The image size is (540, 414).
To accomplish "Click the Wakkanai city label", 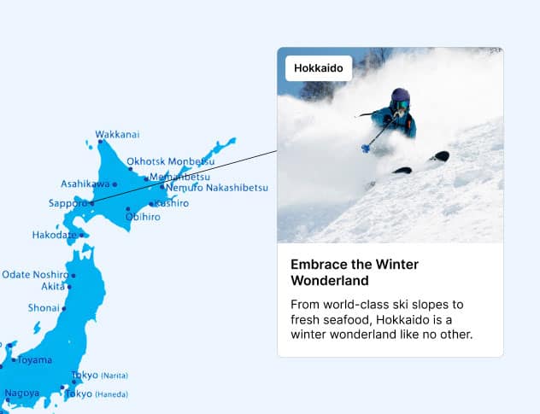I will (x=117, y=134).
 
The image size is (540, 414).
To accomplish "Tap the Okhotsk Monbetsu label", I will (x=170, y=160).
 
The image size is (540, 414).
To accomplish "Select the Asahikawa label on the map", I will (x=85, y=184).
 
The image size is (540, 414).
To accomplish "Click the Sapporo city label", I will (x=67, y=204).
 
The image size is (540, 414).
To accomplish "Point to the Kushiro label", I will (x=171, y=204).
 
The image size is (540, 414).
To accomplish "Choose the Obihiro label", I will (x=142, y=217).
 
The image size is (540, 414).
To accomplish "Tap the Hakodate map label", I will (x=54, y=235).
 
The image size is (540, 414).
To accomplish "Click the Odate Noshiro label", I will (x=34, y=274).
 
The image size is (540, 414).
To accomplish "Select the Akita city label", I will (x=53, y=287).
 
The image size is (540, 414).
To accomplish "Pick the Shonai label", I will (x=44, y=307).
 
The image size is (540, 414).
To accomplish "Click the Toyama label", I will (x=34, y=359).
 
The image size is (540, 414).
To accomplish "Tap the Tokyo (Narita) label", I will (x=99, y=376).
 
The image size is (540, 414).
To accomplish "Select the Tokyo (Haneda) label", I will (x=102, y=394).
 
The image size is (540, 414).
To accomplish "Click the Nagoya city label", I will (x=21, y=394).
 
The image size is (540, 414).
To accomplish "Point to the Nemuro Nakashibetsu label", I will (x=217, y=188).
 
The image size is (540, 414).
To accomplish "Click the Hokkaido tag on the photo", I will (x=319, y=67).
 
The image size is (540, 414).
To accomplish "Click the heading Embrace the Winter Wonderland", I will (x=355, y=272).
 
